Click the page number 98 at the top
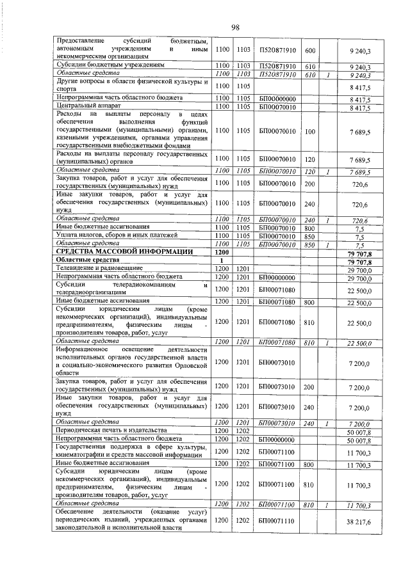click(235, 26)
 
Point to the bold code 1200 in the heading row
click(222, 252)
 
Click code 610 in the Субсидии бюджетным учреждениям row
click(310, 66)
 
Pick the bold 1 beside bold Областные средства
click(222, 260)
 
